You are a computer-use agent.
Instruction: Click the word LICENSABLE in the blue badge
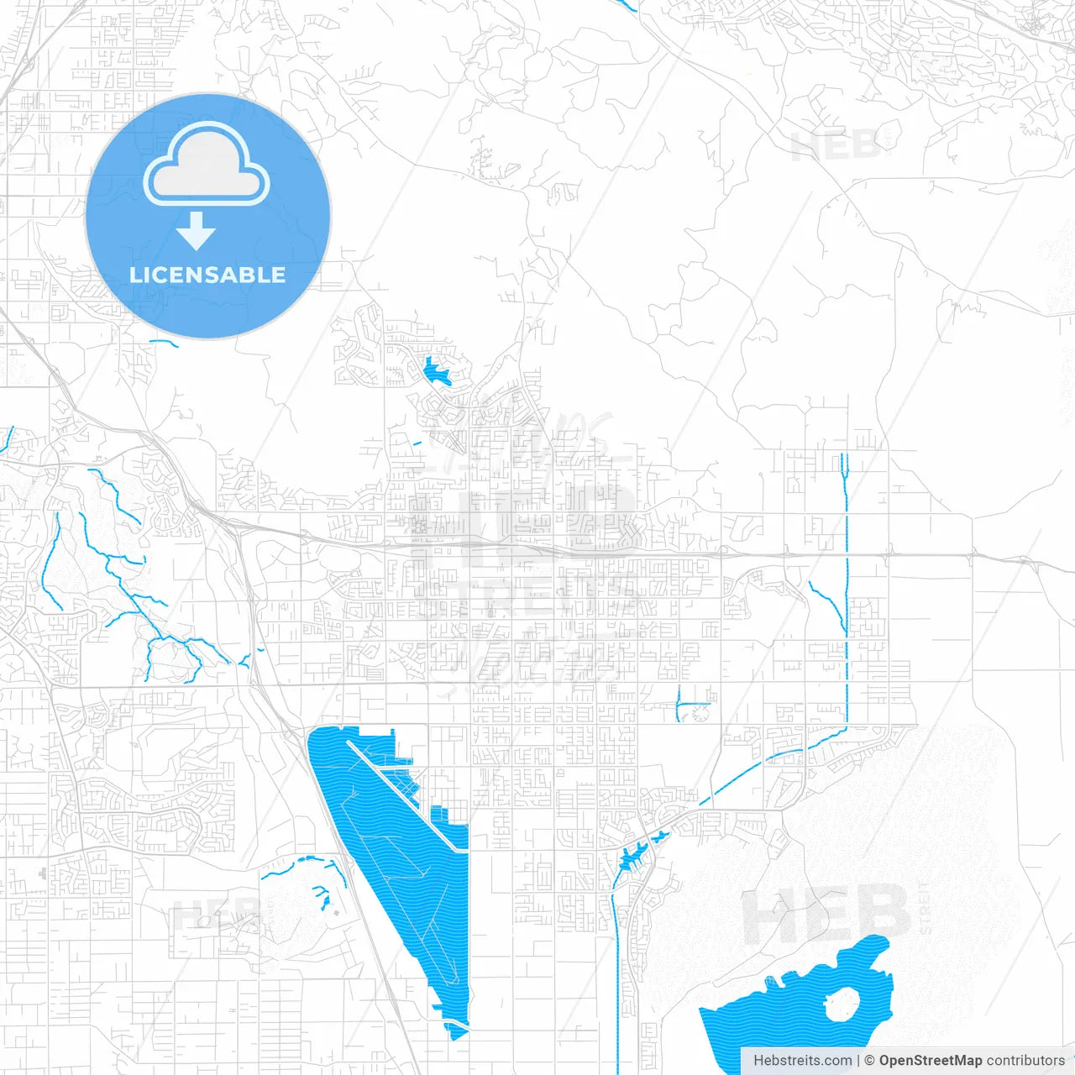pos(207,275)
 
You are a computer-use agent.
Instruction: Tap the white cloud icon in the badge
pos(207,165)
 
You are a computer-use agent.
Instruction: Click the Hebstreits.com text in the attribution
pos(802,1061)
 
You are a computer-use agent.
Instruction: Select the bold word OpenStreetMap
pos(930,1061)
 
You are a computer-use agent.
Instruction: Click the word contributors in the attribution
pos(1025,1061)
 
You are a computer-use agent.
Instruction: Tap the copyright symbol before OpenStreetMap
pos(869,1061)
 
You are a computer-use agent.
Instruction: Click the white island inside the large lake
pos(842,1004)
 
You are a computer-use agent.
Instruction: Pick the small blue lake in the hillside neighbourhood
pos(434,371)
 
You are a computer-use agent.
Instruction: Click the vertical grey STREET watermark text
pos(925,908)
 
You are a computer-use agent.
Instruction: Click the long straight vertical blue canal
pos(847,588)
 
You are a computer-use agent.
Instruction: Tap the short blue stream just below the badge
pos(164,342)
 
